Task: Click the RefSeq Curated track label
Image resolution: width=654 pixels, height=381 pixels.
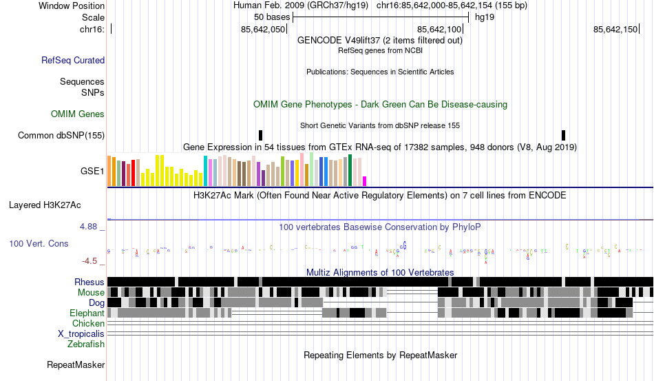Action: [x=73, y=61]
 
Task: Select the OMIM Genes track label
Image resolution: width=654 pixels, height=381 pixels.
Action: [x=78, y=114]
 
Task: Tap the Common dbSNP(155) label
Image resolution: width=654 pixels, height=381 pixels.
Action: [x=61, y=136]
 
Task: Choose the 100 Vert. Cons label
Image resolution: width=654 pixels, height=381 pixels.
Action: [x=39, y=243]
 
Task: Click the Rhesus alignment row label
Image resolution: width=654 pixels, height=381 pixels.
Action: [x=89, y=282]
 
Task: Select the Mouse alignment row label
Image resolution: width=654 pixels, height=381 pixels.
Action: [x=91, y=292]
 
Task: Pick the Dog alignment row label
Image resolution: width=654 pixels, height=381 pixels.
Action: [x=96, y=302]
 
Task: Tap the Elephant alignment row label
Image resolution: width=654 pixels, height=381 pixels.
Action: [x=87, y=313]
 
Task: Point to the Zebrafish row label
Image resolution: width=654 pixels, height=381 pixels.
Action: [x=86, y=344]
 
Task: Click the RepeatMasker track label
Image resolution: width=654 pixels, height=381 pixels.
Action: [x=76, y=364]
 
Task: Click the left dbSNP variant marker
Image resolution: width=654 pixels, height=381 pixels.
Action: [x=260, y=135]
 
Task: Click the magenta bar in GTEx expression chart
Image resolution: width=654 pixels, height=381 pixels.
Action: [x=365, y=181]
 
